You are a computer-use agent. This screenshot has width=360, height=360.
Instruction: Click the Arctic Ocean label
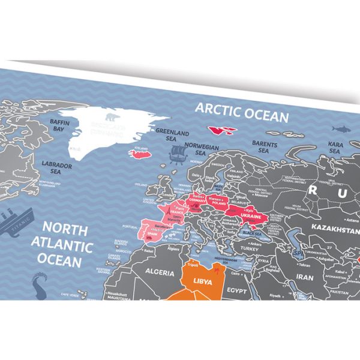[241, 112]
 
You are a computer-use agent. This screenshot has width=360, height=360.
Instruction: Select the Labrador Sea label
[56, 166]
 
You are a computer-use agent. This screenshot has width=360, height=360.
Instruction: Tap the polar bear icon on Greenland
[113, 117]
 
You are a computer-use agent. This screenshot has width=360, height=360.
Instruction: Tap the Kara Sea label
[336, 148]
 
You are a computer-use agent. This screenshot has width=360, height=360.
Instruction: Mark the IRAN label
[305, 278]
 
